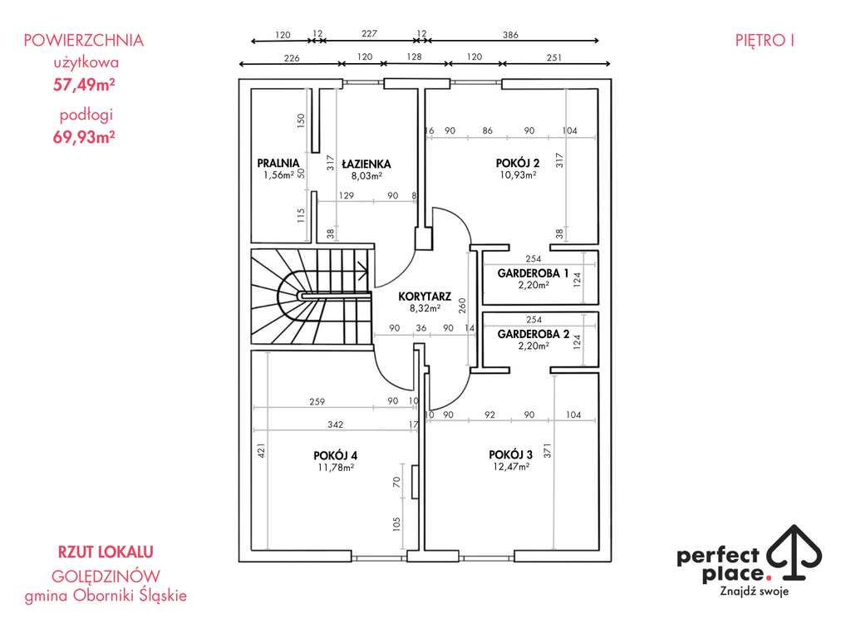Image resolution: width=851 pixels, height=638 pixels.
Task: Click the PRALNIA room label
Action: [278, 164]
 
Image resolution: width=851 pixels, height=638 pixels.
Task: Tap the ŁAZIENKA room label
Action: [366, 164]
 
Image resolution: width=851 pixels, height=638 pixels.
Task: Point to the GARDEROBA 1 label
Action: [533, 273]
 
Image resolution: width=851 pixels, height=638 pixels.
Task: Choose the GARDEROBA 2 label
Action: [533, 334]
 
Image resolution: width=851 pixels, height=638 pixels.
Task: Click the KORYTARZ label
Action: [424, 296]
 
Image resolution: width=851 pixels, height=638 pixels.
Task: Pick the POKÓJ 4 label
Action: [336, 455]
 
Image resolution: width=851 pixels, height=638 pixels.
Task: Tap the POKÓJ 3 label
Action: [510, 454]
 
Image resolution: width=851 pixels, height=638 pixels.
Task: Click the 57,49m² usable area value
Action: [84, 84]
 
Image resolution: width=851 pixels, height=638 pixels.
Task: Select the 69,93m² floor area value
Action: [84, 137]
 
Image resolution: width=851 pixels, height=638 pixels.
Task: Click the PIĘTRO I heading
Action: [765, 40]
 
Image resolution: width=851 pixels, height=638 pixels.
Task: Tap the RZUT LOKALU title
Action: [106, 552]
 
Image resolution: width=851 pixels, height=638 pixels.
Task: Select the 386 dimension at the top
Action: [511, 35]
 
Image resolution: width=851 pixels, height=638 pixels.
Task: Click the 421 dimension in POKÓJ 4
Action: [260, 450]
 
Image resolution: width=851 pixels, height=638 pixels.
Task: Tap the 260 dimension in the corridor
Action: [462, 305]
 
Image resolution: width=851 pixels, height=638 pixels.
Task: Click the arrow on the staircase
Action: [363, 267]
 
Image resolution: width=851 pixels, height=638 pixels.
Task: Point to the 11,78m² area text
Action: [336, 468]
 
